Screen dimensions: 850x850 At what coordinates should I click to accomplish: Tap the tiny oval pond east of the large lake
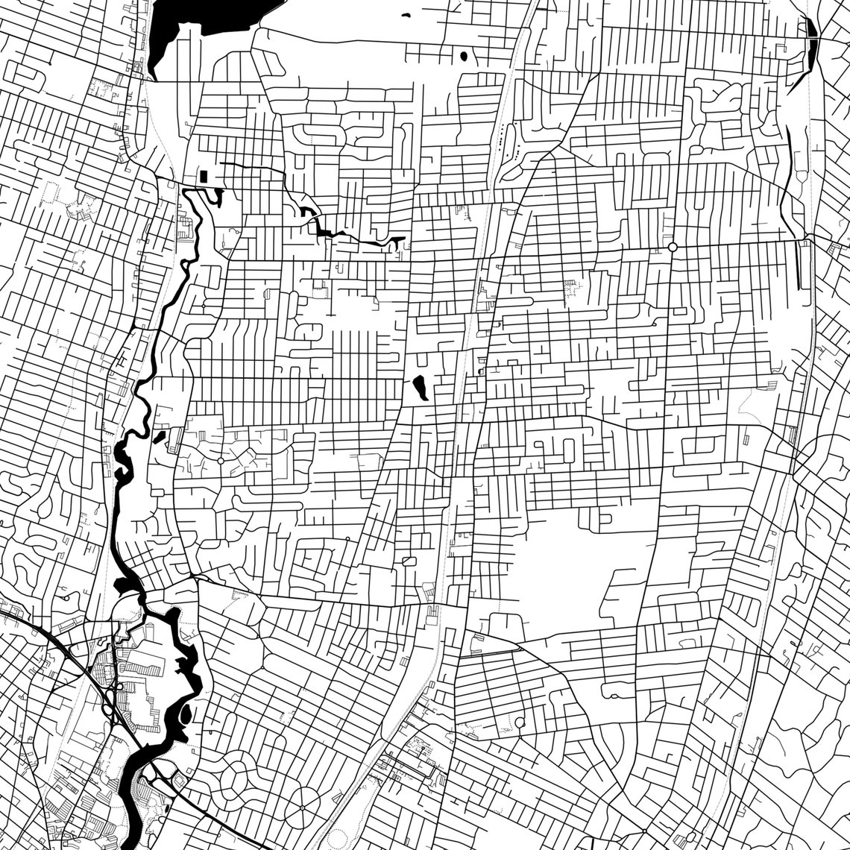click(x=464, y=55)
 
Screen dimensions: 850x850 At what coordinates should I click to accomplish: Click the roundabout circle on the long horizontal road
click(x=673, y=247)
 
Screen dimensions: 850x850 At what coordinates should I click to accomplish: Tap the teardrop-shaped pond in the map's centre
click(x=420, y=387)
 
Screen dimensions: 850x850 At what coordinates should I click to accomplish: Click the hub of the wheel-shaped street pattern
click(x=301, y=807)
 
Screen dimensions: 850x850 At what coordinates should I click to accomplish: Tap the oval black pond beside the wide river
click(x=185, y=714)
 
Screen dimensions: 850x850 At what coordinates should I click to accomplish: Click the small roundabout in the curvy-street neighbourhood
click(x=220, y=462)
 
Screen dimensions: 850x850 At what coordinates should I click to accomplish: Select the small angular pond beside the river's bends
click(x=160, y=436)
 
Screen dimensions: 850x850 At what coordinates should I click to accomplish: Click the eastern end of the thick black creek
click(x=400, y=241)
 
